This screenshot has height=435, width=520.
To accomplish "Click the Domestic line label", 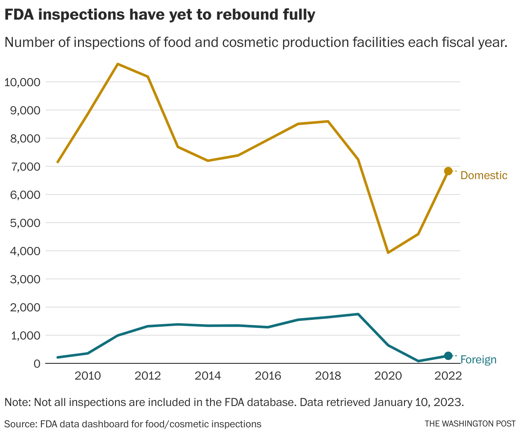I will tap(484, 175).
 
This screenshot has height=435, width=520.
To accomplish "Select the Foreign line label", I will tap(478, 360).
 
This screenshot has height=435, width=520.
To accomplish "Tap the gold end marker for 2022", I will tap(448, 171).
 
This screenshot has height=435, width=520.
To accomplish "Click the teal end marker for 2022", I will tap(448, 356).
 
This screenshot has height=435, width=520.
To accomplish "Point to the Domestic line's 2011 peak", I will tap(118, 64).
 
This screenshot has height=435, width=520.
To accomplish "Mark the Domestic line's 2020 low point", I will tap(388, 252).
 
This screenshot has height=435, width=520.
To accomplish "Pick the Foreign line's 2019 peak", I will tap(358, 314).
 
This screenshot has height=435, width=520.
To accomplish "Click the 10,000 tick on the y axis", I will tap(22, 82).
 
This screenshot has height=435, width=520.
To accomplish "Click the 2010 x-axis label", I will tap(87, 376).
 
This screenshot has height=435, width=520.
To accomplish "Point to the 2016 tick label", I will tap(268, 376).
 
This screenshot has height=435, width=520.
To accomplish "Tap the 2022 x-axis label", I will tap(448, 376).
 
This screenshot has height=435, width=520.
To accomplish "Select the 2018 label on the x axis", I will tap(328, 376).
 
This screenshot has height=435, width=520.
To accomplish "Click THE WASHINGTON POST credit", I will tap(470, 424).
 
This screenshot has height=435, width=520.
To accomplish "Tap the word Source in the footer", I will tap(20, 424).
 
